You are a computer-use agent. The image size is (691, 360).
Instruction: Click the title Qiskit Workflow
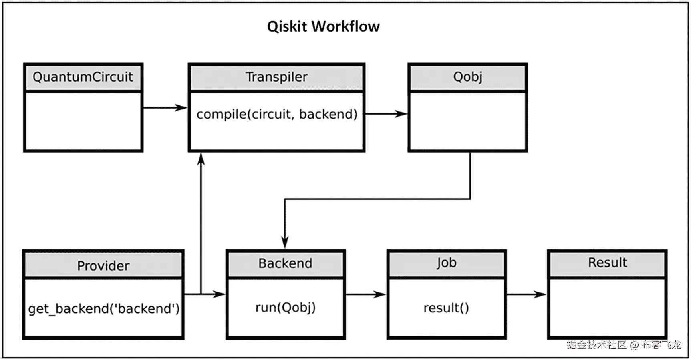click(x=323, y=26)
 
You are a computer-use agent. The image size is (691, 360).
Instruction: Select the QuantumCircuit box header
click(x=83, y=77)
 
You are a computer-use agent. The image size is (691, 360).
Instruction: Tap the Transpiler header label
click(x=276, y=77)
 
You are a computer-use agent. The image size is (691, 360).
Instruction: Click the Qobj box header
click(x=467, y=77)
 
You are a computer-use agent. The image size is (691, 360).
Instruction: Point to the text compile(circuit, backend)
click(x=276, y=114)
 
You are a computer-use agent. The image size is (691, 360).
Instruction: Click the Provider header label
click(x=103, y=265)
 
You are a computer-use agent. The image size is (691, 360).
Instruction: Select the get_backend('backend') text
click(x=104, y=308)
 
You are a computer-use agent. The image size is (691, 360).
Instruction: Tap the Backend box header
click(x=285, y=263)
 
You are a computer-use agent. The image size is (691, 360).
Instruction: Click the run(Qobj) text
click(x=285, y=308)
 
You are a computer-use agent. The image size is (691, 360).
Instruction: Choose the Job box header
click(x=446, y=263)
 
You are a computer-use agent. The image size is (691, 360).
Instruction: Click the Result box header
click(x=607, y=263)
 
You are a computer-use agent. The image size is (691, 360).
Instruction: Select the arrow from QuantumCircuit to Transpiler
click(x=165, y=107)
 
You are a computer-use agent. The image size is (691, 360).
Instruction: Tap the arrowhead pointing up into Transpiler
click(x=201, y=159)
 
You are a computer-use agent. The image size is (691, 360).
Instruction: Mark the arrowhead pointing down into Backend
click(x=285, y=242)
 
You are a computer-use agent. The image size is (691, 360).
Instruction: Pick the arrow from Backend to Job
click(x=365, y=294)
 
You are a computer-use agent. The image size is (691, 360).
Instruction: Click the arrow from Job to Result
click(x=526, y=294)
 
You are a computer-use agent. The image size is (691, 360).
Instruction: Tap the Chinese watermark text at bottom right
click(x=623, y=345)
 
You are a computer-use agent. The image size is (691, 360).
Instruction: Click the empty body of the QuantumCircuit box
click(x=83, y=121)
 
